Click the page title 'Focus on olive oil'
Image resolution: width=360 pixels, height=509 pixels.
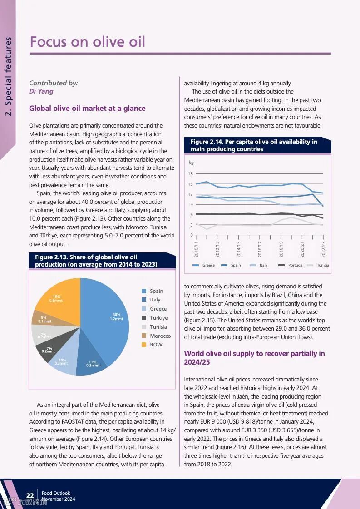(x=87, y=42)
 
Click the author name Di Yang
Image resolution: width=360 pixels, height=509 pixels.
(x=41, y=91)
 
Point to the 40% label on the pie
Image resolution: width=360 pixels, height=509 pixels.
(x=117, y=316)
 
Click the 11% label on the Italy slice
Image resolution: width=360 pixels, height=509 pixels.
(x=93, y=363)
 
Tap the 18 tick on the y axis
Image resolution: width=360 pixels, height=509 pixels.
(x=191, y=174)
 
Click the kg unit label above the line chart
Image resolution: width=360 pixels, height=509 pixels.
(x=191, y=162)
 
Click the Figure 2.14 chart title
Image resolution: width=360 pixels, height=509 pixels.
(x=254, y=145)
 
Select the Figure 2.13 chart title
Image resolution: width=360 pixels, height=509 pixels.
(x=96, y=261)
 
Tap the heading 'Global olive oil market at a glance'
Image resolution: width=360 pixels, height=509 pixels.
(x=87, y=109)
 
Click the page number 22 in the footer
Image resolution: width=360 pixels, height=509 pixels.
(x=30, y=496)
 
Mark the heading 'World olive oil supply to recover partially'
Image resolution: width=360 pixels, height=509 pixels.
(x=254, y=358)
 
